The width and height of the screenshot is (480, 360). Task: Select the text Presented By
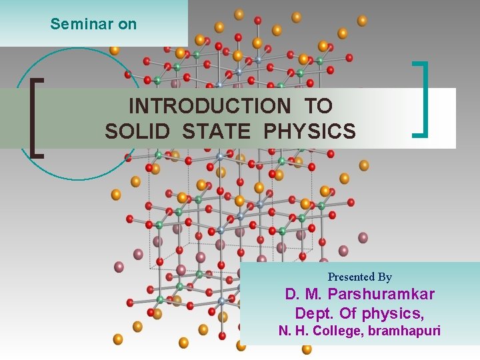point(359,277)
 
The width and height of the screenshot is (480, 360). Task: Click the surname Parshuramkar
point(381,294)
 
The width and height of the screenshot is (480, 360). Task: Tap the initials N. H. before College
point(293,331)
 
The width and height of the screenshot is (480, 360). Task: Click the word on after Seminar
point(127,24)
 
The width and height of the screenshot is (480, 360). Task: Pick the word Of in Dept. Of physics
point(349,313)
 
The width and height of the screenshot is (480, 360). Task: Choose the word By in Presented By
point(385,277)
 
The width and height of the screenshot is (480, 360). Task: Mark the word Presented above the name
point(351,277)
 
